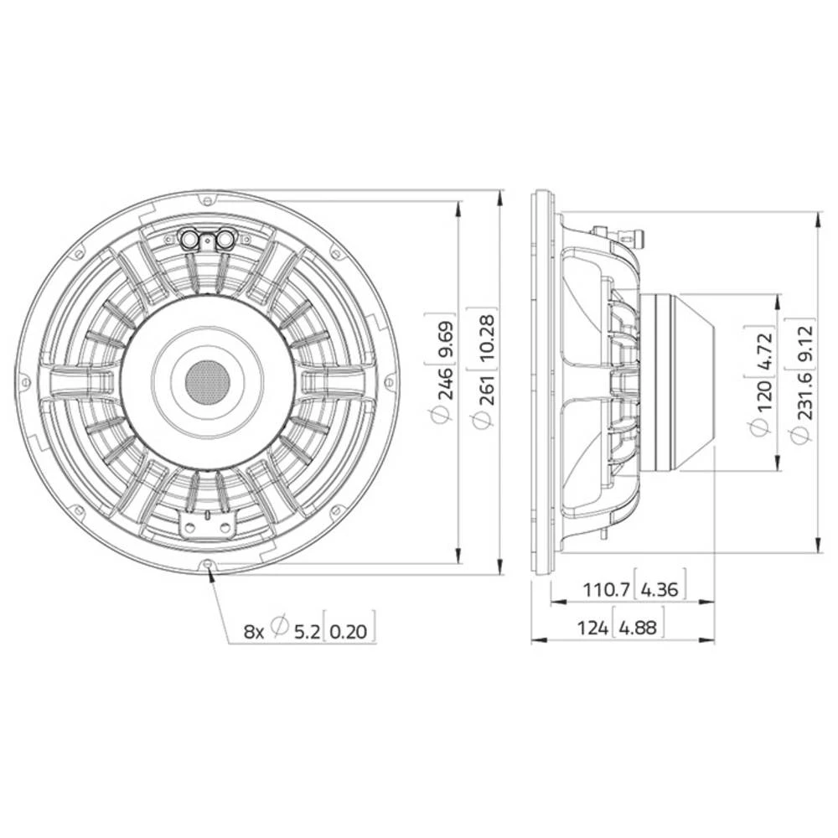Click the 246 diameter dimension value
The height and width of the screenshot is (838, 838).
[x=443, y=381]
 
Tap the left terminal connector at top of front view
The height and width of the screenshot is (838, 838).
[x=191, y=240]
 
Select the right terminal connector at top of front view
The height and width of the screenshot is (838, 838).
[x=225, y=240]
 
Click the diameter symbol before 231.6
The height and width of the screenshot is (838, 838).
[x=800, y=434]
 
